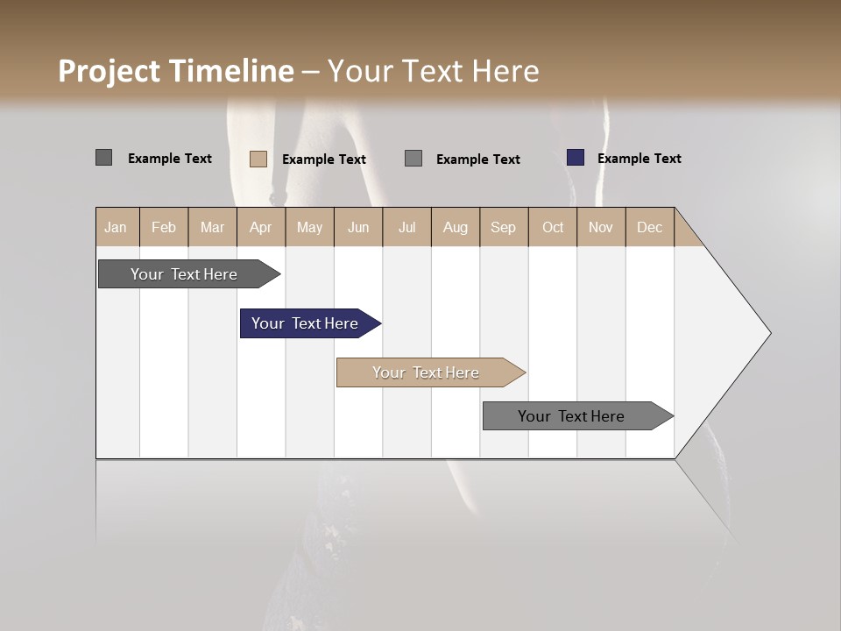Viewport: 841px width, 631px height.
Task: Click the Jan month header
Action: tap(116, 227)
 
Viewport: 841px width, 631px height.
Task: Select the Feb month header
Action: tap(164, 227)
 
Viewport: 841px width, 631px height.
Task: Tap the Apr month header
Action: tap(260, 227)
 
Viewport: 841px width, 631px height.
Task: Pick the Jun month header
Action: tap(358, 227)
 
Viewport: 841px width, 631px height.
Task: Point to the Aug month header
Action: tap(455, 227)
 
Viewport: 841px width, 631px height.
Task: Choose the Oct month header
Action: tap(553, 227)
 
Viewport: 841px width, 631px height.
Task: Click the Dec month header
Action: tap(649, 227)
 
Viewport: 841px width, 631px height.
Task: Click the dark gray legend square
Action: tap(103, 158)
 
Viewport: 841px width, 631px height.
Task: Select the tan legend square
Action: tap(258, 159)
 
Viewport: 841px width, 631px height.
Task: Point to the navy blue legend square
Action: tap(575, 158)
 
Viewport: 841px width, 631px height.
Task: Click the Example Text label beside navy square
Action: tap(639, 159)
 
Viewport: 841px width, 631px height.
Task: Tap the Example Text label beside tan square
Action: tap(323, 160)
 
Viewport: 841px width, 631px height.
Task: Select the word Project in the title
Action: tap(110, 71)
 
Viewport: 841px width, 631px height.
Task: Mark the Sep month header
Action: tap(503, 227)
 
